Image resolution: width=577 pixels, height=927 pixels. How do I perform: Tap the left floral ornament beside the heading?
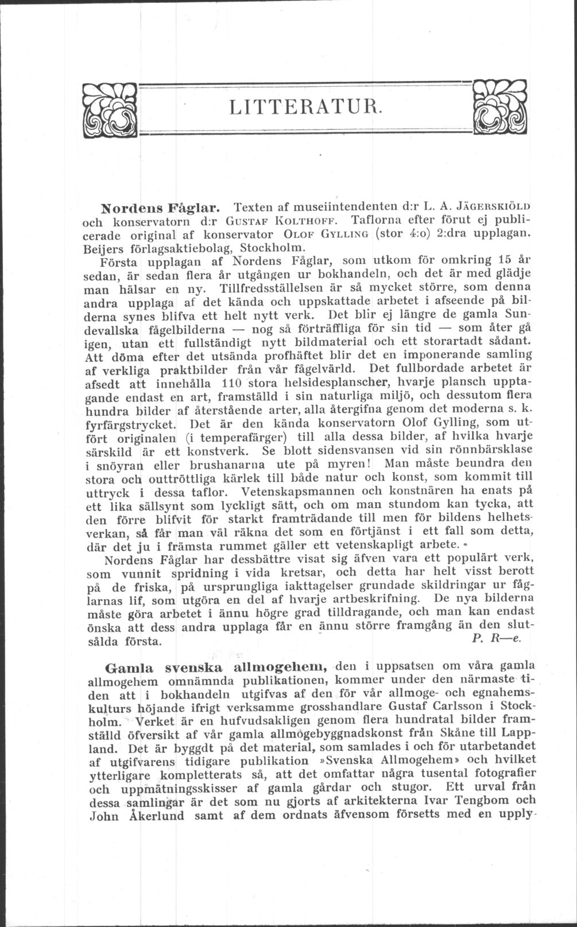click(x=109, y=109)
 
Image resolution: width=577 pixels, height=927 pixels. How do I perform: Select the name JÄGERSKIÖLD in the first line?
click(x=485, y=205)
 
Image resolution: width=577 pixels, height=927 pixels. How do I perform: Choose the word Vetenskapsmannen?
click(x=311, y=492)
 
